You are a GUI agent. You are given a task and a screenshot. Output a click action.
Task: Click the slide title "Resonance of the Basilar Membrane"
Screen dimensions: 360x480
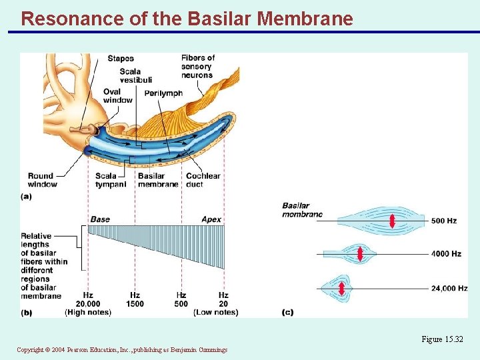(187, 18)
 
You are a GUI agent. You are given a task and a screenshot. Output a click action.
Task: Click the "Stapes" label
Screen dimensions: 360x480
(121, 59)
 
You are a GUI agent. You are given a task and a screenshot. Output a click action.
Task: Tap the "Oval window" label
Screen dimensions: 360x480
(117, 96)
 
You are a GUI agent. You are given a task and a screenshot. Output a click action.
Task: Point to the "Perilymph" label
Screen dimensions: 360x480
(163, 93)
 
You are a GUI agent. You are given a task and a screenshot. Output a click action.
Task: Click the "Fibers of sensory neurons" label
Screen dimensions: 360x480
(197, 67)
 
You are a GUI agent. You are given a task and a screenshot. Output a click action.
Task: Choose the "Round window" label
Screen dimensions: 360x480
(42, 180)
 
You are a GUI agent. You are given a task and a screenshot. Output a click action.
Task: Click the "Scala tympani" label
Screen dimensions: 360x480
(111, 180)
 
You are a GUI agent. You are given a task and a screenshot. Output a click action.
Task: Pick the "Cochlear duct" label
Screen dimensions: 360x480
(203, 180)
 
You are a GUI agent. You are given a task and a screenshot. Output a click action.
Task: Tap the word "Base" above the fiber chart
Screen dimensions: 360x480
(100, 219)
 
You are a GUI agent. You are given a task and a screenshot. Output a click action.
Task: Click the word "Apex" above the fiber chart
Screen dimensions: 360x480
(211, 219)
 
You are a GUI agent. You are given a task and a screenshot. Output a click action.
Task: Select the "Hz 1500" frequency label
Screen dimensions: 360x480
(135, 299)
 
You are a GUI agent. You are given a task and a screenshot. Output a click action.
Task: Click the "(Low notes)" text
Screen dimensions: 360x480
(215, 312)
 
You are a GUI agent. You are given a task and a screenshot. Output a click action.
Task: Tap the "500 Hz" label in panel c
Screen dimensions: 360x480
(443, 221)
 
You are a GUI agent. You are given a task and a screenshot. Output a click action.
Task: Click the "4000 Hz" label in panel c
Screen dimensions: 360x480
(445, 254)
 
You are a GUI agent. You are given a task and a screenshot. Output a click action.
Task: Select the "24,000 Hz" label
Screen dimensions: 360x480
(449, 289)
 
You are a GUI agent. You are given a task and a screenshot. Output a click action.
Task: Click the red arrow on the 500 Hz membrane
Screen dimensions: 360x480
(392, 221)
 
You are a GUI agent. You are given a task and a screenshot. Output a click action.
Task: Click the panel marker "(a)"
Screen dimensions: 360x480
(26, 196)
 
